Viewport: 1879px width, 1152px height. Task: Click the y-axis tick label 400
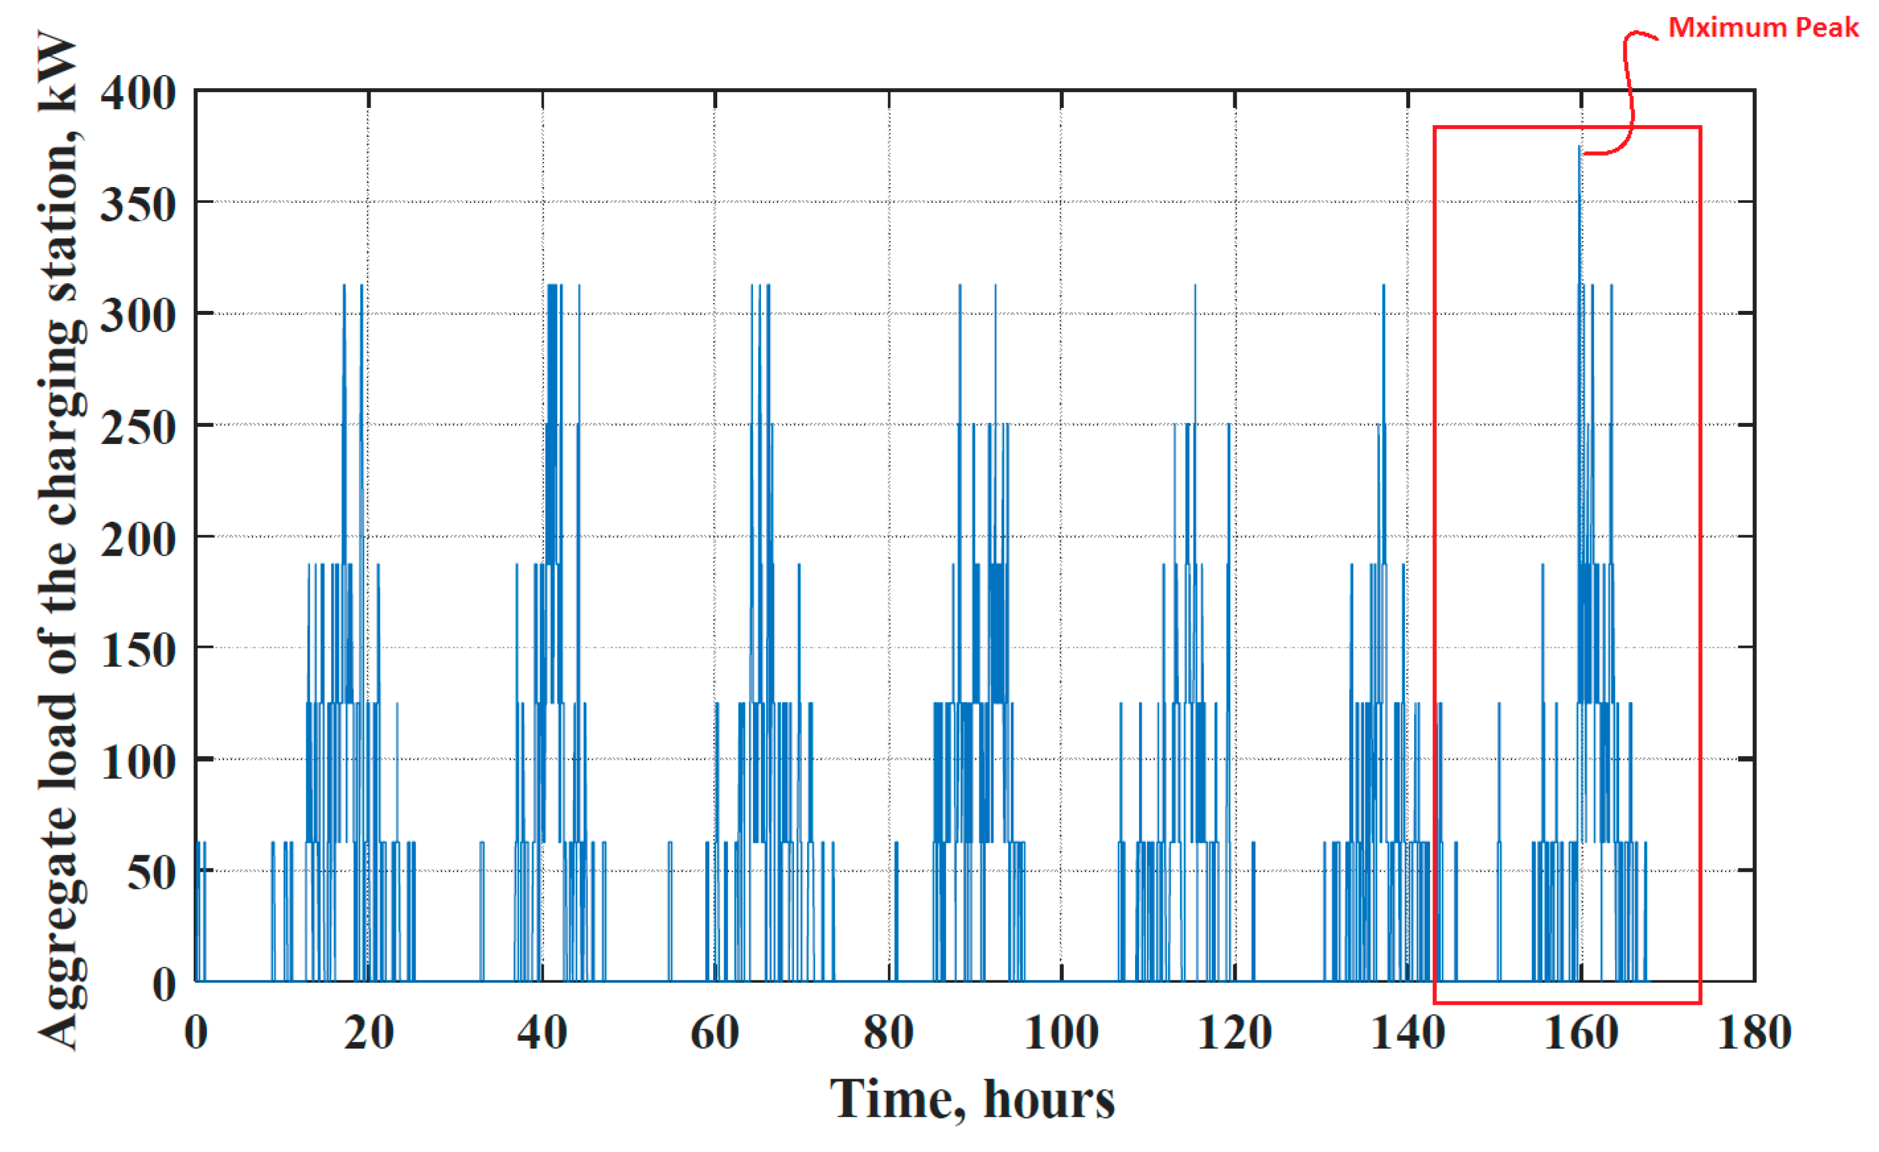(x=138, y=94)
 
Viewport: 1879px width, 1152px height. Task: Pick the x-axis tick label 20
(x=368, y=1033)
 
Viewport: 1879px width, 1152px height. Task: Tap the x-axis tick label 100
(x=1061, y=1033)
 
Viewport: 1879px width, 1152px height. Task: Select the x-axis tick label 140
(x=1408, y=1033)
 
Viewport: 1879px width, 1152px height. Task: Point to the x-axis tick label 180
(x=1754, y=1033)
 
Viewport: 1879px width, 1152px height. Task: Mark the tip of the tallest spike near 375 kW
(x=1579, y=147)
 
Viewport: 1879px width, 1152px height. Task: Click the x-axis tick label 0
(x=196, y=1033)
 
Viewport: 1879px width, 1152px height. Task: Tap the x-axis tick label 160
(x=1581, y=1033)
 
